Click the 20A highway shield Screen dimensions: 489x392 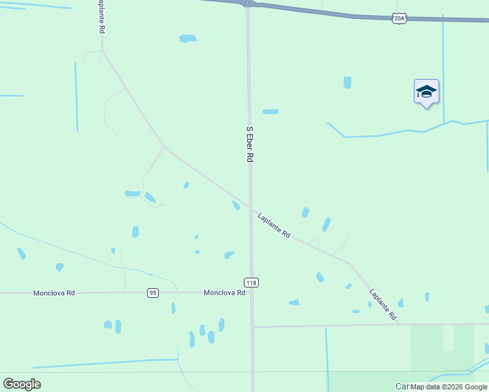(400, 19)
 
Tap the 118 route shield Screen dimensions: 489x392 (252, 282)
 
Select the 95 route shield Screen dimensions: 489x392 (152, 293)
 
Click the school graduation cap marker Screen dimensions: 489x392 (426, 92)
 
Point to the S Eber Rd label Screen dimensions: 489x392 (249, 144)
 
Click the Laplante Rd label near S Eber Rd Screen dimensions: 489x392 (274, 225)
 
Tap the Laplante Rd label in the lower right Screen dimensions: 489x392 (383, 304)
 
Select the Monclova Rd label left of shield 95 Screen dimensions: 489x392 (54, 293)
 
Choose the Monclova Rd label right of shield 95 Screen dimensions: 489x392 (224, 293)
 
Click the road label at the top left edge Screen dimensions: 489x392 (101, 17)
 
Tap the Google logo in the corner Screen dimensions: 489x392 (22, 384)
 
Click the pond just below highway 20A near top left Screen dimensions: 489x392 (188, 39)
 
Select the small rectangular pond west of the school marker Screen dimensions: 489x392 (347, 82)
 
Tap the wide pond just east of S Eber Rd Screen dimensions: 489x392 (270, 112)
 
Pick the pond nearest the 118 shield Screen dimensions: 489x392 (229, 255)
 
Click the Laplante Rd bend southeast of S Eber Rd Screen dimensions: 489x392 (349, 264)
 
